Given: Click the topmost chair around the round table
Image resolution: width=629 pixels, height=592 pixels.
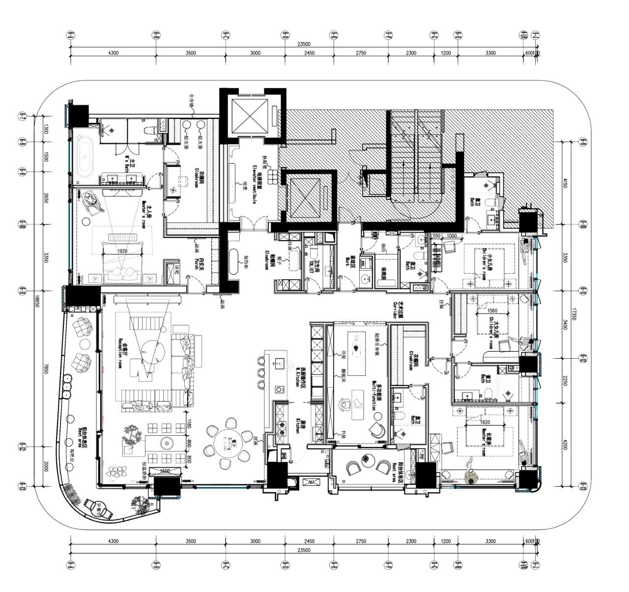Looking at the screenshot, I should pyautogui.click(x=230, y=423).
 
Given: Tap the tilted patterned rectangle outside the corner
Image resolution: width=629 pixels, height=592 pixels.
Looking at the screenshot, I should pyautogui.click(x=73, y=495).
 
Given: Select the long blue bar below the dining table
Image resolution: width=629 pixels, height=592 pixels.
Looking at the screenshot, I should pyautogui.click(x=221, y=488).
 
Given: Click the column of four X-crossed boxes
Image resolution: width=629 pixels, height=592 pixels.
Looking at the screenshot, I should pyautogui.click(x=215, y=261).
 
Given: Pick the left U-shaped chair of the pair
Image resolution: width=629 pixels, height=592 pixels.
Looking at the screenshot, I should pyautogui.click(x=353, y=467).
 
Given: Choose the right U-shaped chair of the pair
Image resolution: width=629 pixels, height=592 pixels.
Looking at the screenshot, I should pyautogui.click(x=383, y=466).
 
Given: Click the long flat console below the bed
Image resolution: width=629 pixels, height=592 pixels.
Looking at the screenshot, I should pyautogui.click(x=147, y=299).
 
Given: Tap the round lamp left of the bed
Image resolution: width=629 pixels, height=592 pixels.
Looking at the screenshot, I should pyautogui.click(x=95, y=279).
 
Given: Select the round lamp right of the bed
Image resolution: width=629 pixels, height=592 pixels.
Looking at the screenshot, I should pyautogui.click(x=150, y=279).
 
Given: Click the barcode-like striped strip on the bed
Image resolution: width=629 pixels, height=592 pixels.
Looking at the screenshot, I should pyautogui.click(x=122, y=237).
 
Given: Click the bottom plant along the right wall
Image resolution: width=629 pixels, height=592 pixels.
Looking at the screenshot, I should pyautogui.click(x=525, y=458).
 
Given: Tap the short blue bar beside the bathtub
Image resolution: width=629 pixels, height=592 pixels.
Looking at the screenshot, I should pyautogui.click(x=69, y=156).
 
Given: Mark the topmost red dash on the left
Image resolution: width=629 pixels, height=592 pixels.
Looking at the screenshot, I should pyautogui.click(x=103, y=335).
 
